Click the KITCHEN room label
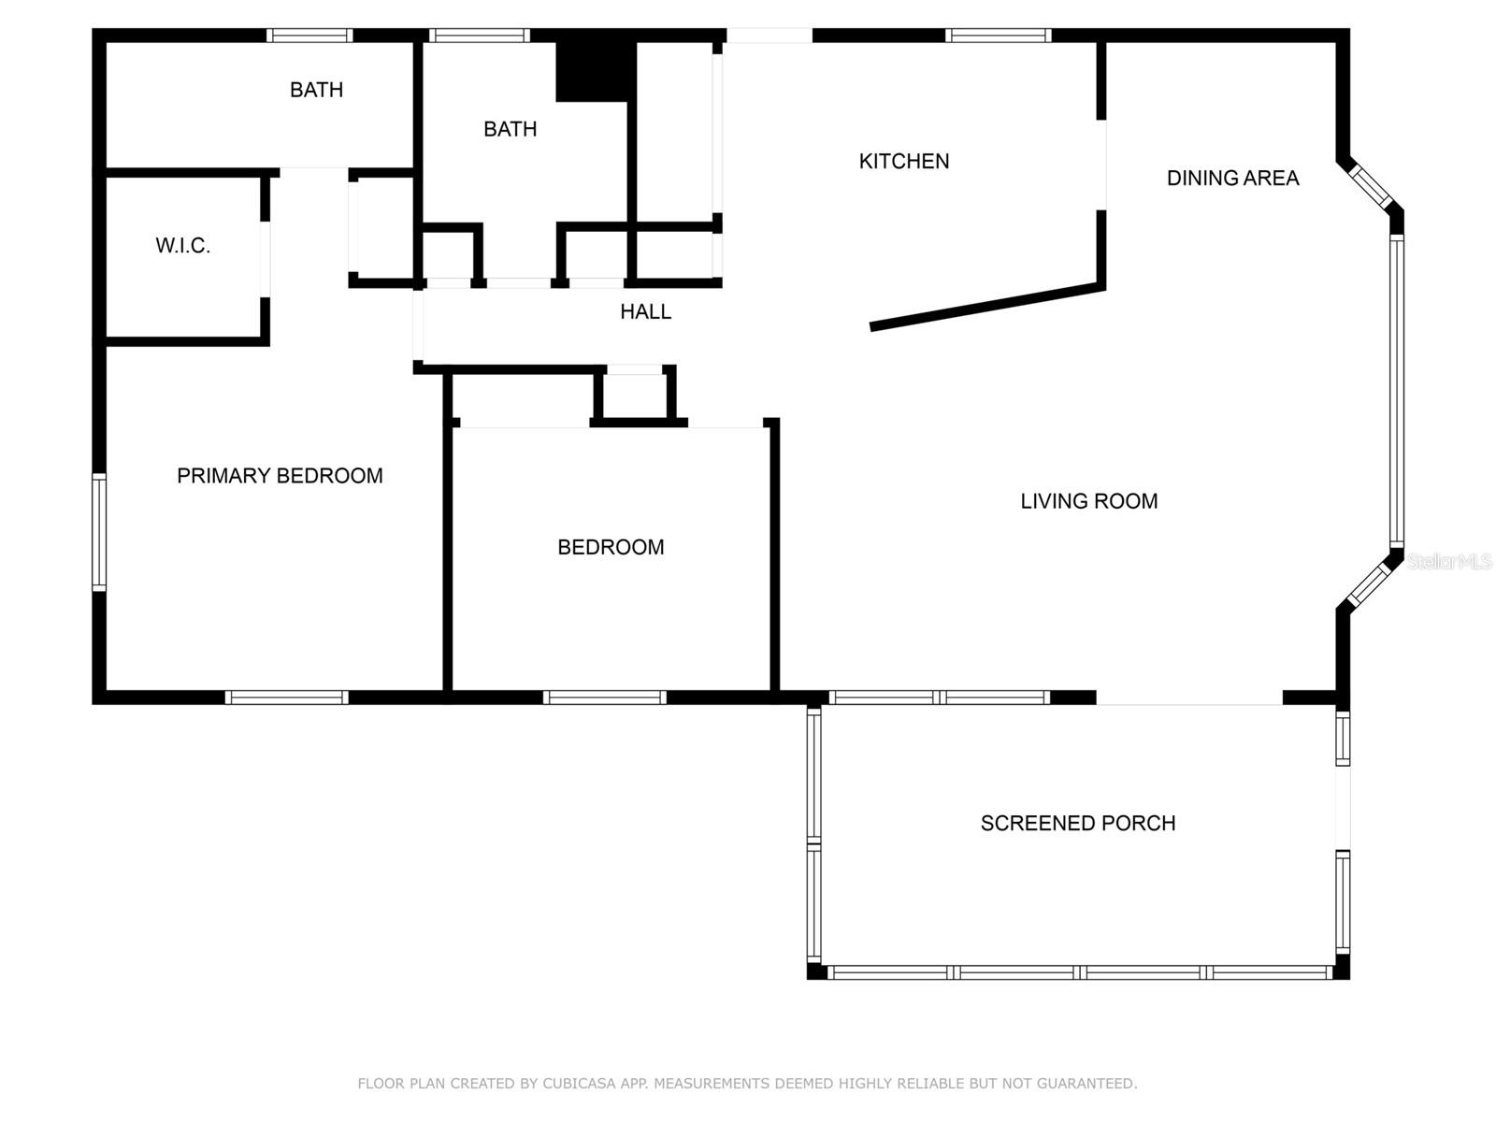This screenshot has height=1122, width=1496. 904,161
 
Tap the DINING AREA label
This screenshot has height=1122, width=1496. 1232,178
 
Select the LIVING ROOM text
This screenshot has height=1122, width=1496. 1088,501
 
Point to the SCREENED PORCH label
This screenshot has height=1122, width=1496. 1077,823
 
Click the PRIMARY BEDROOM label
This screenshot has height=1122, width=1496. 280,476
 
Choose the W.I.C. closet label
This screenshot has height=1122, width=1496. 182,246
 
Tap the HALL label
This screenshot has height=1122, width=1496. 645,311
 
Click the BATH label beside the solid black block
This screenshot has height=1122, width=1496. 510,129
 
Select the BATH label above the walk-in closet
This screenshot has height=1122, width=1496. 316,90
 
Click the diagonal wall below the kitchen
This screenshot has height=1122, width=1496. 986,307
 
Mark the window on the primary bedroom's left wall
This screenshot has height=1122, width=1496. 98,532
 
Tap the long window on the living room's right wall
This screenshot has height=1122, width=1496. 1396,390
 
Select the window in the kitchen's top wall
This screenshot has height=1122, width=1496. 998,36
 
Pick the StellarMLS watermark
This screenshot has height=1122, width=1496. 1449,562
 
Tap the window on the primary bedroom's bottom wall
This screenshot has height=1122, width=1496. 287,697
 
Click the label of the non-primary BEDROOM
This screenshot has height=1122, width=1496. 611,547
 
